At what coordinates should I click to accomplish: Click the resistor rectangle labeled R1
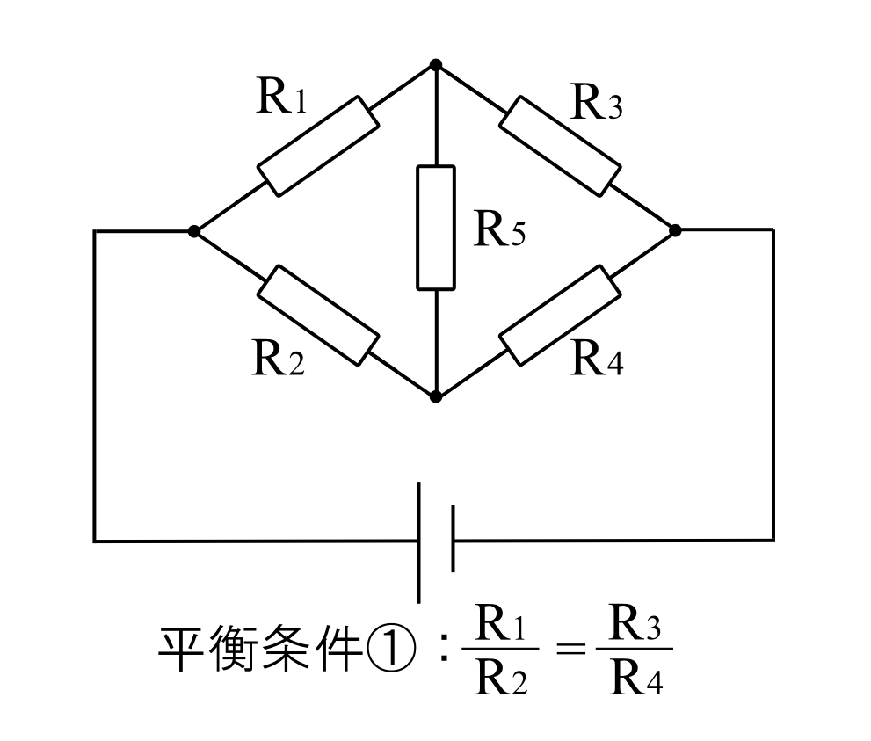click(x=317, y=146)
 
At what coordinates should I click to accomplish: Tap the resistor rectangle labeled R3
click(x=561, y=146)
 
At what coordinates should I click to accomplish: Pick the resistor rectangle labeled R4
click(x=559, y=314)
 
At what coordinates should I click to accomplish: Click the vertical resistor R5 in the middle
click(x=436, y=228)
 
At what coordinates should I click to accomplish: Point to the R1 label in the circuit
click(x=281, y=98)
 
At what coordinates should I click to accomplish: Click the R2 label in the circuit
click(x=278, y=359)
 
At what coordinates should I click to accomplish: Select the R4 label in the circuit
click(x=597, y=359)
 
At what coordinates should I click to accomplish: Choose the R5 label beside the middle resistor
click(x=499, y=229)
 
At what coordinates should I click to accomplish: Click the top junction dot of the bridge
click(x=436, y=64)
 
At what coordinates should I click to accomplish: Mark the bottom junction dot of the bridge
click(x=436, y=396)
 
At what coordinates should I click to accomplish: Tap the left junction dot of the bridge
click(x=194, y=231)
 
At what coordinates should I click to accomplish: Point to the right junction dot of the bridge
click(x=674, y=230)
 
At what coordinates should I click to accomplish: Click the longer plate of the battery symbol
click(x=419, y=541)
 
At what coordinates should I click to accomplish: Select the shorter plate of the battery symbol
click(x=453, y=538)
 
